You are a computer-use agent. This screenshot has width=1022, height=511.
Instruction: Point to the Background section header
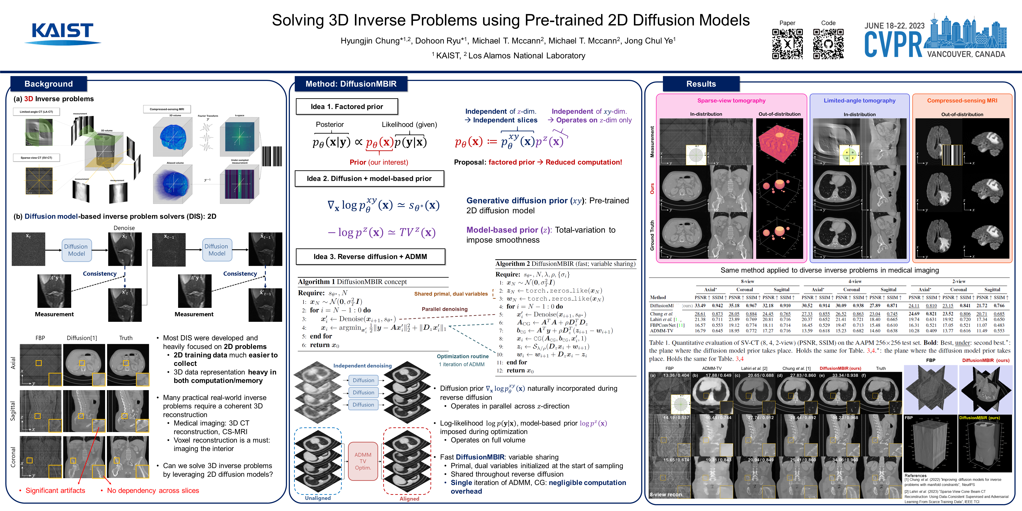point(48,84)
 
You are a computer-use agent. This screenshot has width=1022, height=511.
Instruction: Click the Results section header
point(701,84)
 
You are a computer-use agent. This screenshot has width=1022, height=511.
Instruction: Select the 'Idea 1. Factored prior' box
point(347,106)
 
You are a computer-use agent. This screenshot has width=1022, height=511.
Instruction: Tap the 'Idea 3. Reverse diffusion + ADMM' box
point(370,257)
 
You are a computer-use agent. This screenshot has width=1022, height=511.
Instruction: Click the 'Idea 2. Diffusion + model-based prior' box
point(369,179)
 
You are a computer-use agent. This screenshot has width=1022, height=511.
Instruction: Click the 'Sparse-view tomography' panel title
point(731,100)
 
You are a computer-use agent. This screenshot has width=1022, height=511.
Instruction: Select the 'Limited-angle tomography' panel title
point(859,100)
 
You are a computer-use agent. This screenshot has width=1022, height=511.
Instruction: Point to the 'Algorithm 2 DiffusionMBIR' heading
point(565,264)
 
